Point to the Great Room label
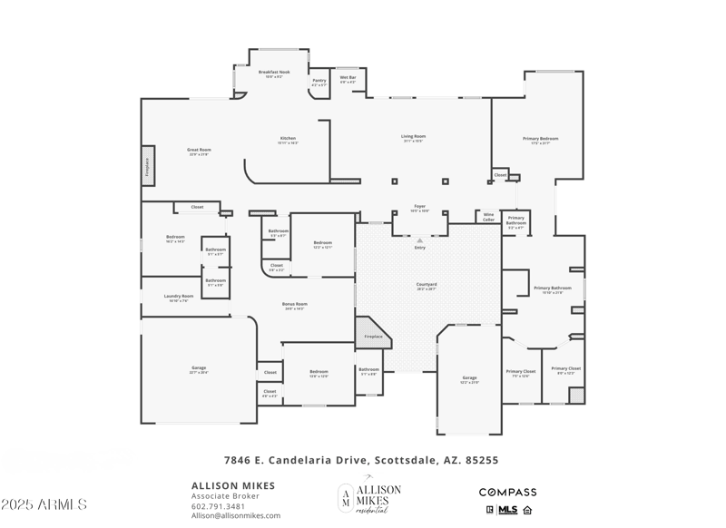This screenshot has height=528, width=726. (x=199, y=152)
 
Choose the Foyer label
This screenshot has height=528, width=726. (x=420, y=208)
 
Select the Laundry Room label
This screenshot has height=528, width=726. (x=179, y=298)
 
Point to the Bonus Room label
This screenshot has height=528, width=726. (x=294, y=306)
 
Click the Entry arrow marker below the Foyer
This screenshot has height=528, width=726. (x=420, y=240)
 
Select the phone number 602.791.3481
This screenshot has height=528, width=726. (x=218, y=506)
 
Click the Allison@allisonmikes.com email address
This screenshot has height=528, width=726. (x=235, y=516)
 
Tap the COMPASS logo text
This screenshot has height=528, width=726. (x=507, y=493)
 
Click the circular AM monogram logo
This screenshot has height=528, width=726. (x=347, y=495)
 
